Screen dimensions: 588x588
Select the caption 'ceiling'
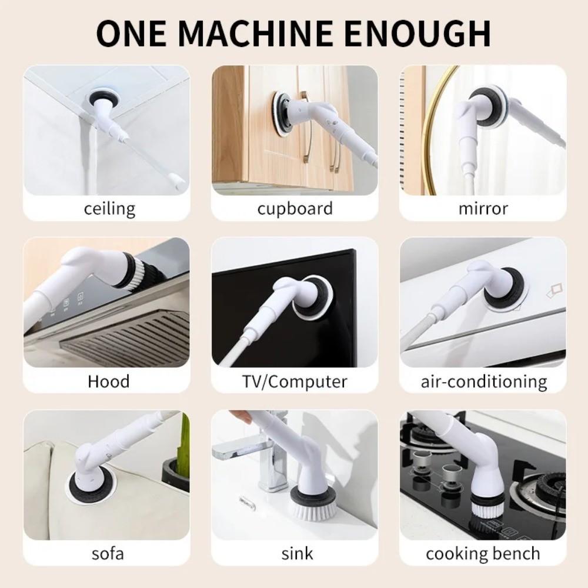coord(109,209)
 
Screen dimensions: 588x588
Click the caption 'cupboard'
coord(295,209)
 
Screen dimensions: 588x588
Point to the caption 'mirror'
coord(483,209)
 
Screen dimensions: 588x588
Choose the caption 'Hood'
coord(108,381)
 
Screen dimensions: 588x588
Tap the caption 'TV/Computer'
coord(295,381)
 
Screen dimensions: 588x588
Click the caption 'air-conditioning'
coord(483,382)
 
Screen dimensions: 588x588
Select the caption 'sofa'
coord(108,553)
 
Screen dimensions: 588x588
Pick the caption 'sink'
coord(297,553)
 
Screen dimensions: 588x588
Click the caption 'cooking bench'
coord(483,554)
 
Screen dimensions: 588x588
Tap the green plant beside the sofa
coord(183,447)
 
